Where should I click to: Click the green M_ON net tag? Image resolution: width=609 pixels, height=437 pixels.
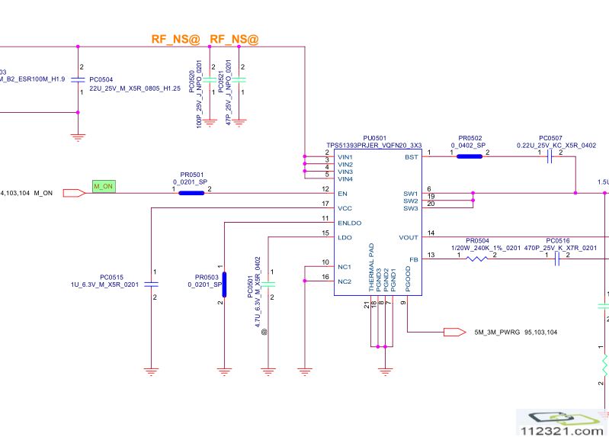coord(104,186)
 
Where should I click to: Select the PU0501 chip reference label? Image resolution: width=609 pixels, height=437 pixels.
coord(374,137)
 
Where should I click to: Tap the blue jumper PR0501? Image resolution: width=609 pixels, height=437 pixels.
coord(191,193)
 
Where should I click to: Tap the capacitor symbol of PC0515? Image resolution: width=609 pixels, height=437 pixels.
coord(152,284)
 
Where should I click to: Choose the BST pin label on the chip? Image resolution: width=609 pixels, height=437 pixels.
coord(412,156)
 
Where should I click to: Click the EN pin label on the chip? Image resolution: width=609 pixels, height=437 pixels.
coord(341,193)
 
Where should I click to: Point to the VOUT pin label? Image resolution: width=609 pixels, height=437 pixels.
coord(408,237)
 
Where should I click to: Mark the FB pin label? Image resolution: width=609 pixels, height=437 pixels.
coord(414,259)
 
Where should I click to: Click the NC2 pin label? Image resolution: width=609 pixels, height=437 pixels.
coord(344,281)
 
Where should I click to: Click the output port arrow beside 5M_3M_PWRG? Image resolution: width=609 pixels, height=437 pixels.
coord(454,333)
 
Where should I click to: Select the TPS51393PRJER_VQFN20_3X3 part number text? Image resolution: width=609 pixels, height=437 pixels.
coord(373,145)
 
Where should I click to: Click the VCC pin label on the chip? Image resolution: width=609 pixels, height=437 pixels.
coord(345,207)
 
